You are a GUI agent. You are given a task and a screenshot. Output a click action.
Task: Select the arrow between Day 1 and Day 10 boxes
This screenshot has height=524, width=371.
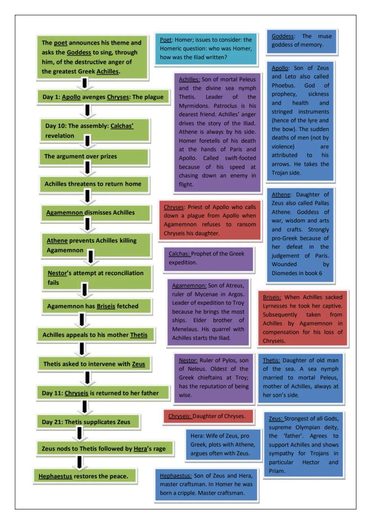88,108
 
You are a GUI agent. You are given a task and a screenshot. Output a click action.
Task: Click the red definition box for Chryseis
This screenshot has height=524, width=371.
207,416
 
